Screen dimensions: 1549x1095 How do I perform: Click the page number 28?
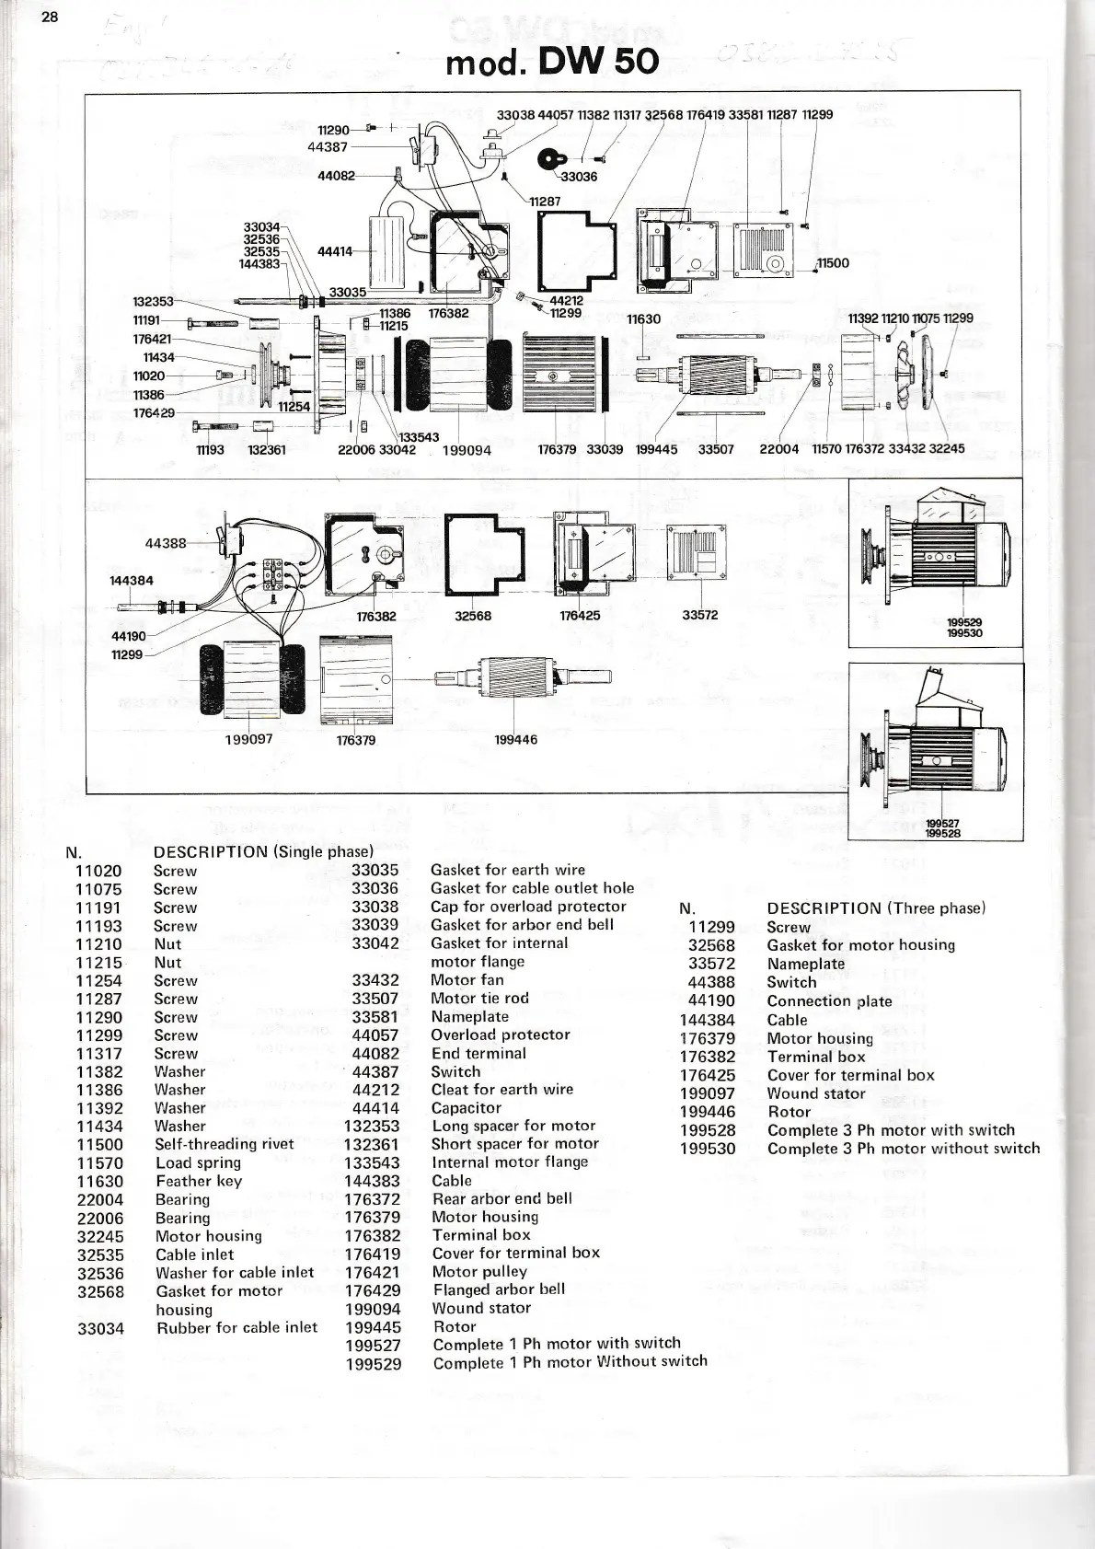coord(49,18)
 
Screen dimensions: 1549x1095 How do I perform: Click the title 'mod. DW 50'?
coord(551,62)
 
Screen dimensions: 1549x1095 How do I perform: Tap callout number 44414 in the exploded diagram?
coord(335,250)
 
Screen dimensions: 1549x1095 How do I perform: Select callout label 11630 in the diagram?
coord(643,319)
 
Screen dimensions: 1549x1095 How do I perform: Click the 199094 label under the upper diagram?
coord(467,451)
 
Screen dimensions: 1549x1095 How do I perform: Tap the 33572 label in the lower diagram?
coord(699,616)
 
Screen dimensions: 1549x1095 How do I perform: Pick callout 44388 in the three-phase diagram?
coord(166,543)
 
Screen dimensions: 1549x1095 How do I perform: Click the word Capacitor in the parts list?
coord(466,1108)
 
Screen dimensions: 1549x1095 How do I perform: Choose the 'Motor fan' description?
coord(467,980)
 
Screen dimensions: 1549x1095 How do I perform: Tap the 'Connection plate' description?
coord(829,1001)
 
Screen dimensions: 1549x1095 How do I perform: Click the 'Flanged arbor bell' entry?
coord(499,1289)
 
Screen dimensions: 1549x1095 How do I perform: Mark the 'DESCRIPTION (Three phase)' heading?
coord(875,908)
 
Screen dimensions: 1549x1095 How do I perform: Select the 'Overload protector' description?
coord(500,1035)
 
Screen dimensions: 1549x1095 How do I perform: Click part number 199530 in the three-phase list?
coord(708,1149)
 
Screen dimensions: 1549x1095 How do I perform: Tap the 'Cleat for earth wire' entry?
coord(501,1090)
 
